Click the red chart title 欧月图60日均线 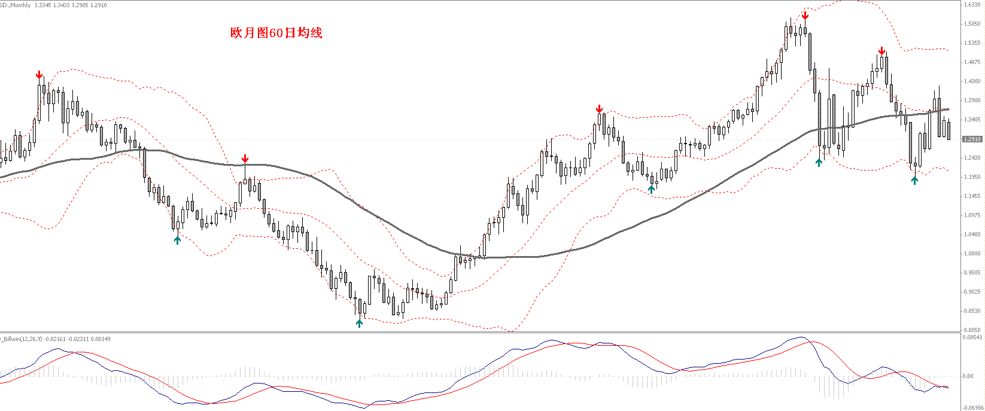click(276, 33)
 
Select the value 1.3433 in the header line click(62, 5)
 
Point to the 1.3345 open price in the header click(43, 5)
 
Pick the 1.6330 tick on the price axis click(972, 5)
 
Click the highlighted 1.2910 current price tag click(972, 139)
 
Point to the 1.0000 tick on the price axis click(972, 254)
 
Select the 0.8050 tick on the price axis click(972, 330)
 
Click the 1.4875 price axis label click(972, 62)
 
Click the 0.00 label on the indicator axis click(968, 376)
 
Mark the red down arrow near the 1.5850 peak click(805, 16)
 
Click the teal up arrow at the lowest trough click(359, 323)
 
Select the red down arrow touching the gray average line click(245, 159)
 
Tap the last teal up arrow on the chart click(914, 179)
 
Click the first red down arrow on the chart click(39, 75)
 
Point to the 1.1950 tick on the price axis click(972, 177)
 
